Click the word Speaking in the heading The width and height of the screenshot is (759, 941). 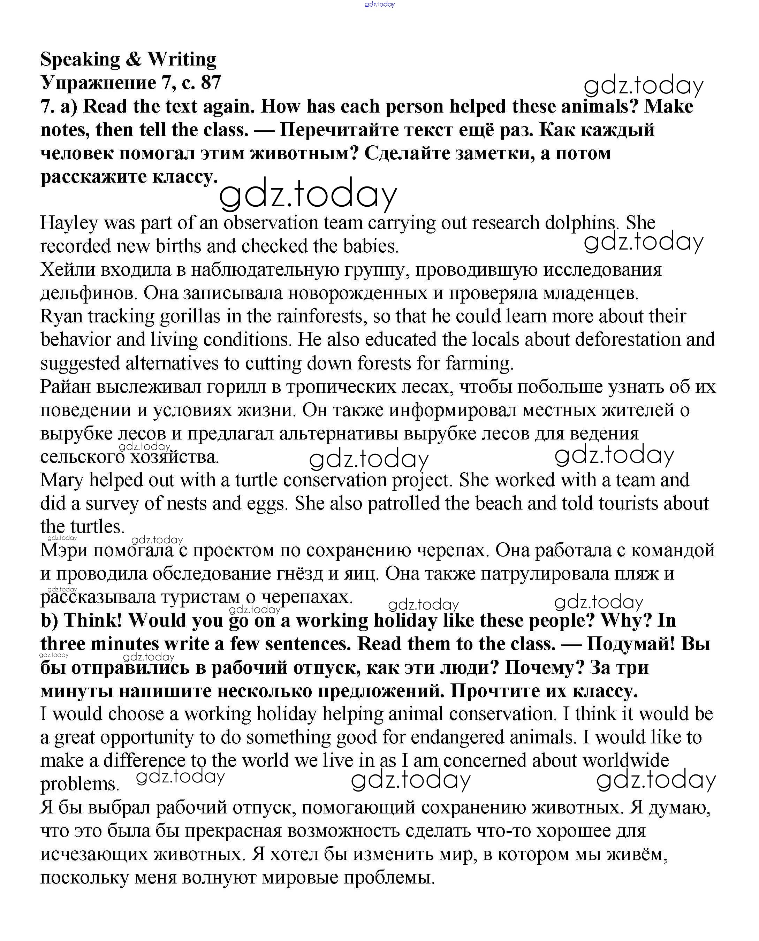coord(80,60)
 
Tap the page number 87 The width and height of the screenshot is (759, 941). coord(211,83)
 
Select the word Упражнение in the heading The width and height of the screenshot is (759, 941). coord(98,83)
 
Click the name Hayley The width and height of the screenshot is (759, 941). coord(69,223)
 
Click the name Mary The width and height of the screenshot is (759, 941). coord(62,480)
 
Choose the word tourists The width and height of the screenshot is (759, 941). coord(628,504)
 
